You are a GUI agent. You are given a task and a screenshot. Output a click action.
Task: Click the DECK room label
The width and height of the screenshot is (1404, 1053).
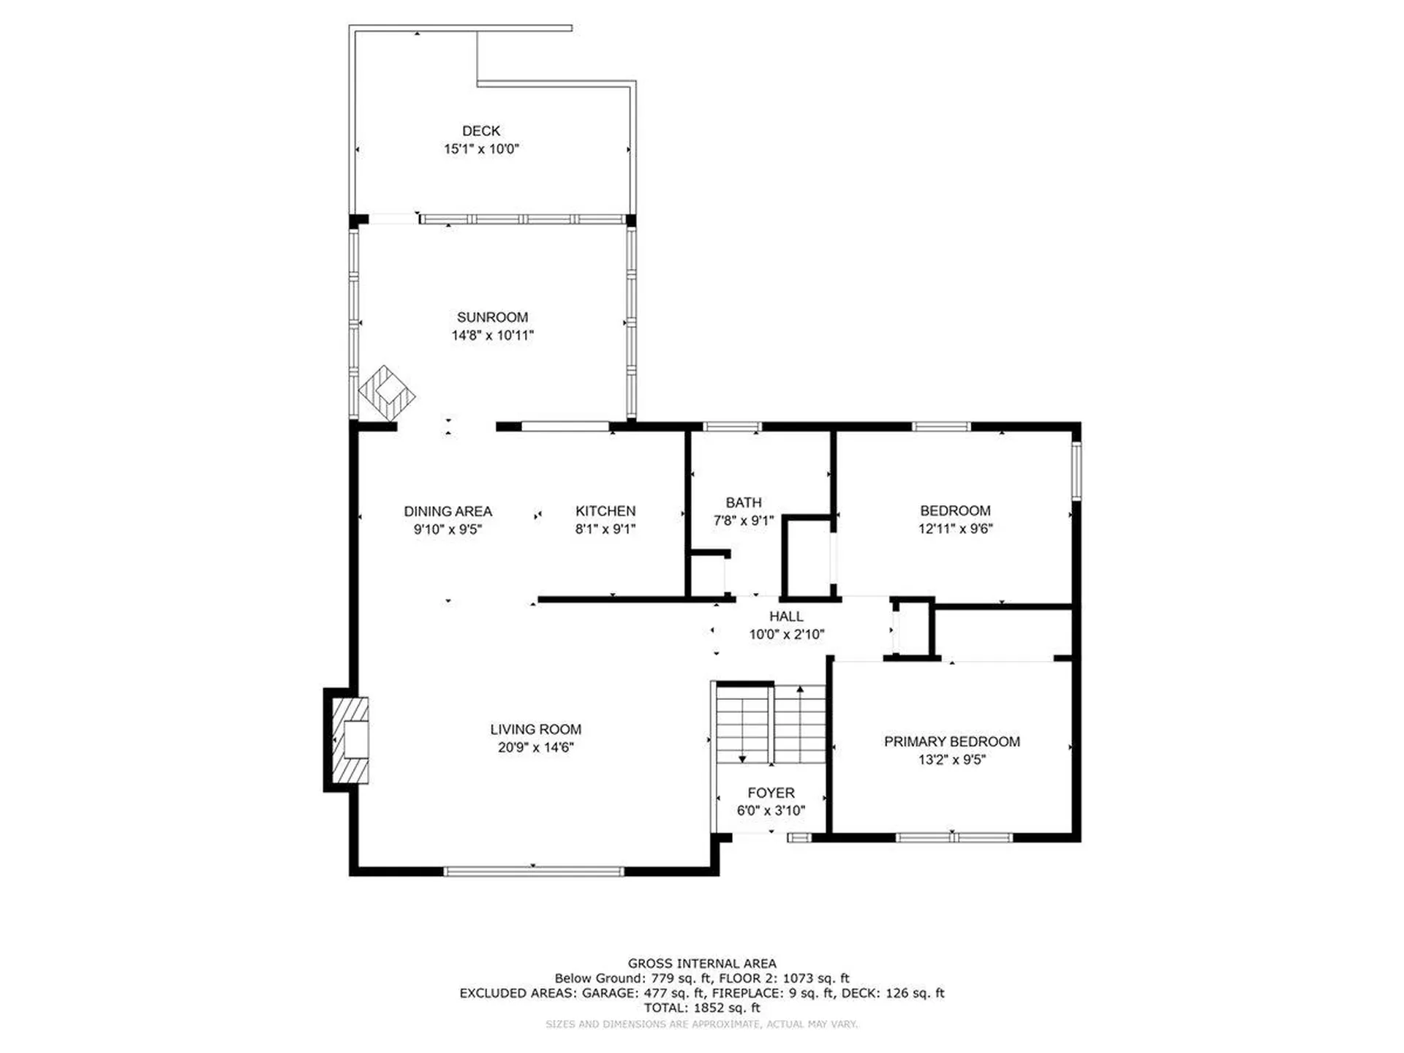pos(481,131)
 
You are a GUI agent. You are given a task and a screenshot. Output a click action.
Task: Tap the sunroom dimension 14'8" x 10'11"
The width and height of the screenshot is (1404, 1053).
pos(492,336)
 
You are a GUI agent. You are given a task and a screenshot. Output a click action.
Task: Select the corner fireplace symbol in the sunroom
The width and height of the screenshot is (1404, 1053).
pos(387,393)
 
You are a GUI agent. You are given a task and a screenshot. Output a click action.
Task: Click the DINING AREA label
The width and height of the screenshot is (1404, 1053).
pos(448,511)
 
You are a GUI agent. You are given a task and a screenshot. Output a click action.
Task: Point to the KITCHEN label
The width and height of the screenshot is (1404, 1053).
pos(605,511)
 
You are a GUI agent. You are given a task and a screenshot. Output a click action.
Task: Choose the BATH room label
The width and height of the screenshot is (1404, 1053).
pos(744,502)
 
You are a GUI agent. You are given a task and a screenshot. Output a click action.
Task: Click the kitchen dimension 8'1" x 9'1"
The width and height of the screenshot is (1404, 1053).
pos(605,529)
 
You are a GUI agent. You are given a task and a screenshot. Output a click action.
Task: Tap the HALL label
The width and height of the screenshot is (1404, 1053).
pos(786,616)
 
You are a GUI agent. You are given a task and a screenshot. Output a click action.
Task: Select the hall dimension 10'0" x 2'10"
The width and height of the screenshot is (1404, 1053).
pos(786,635)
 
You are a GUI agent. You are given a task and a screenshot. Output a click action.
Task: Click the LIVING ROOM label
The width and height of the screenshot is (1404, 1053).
pos(536,729)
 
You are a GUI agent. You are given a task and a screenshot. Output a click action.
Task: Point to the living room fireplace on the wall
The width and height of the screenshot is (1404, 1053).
pos(347,740)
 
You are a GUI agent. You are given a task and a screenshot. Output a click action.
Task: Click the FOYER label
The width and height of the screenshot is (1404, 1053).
pos(771,793)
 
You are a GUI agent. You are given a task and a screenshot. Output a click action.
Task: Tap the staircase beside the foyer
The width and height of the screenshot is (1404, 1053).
pos(771,724)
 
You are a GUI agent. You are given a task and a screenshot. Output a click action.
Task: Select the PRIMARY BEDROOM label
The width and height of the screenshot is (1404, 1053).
pos(952,741)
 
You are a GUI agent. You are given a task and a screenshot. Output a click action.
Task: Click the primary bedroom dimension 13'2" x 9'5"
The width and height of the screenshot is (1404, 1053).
pos(952,760)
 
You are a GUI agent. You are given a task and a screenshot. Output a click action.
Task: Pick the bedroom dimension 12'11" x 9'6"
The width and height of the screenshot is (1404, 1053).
pos(955,529)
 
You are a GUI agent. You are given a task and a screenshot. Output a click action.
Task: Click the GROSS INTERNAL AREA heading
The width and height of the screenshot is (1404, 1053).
pos(702,964)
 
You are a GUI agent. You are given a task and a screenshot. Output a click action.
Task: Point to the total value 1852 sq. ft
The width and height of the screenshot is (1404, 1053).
pos(727,1008)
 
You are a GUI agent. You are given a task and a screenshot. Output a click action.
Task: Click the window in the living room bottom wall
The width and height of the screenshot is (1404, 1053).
pos(534,871)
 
